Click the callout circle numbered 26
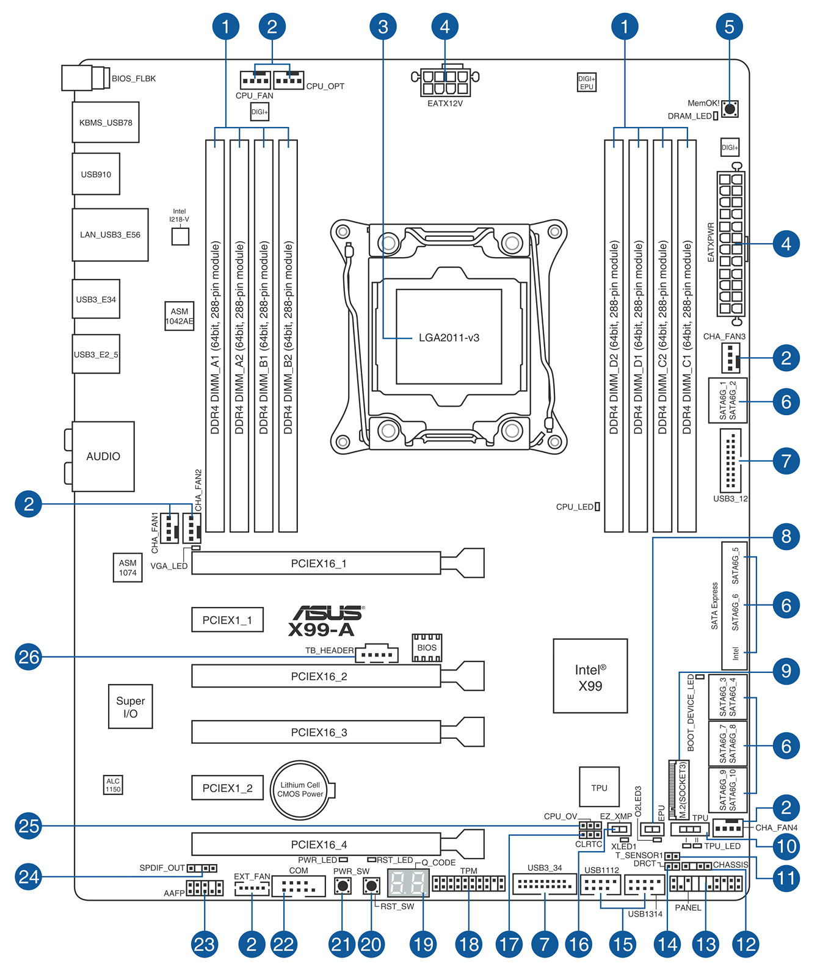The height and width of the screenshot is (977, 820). pos(29,657)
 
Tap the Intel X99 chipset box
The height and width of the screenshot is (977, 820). pos(590,676)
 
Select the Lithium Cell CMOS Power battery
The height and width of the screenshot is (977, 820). pos(300,790)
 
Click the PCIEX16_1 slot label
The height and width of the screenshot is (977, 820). pos(319,564)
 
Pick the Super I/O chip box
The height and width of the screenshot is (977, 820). pos(130,706)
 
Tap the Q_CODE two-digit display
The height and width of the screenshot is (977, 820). pos(408,883)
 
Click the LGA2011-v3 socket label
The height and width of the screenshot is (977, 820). pos(449,338)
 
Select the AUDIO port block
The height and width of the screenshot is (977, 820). pos(103,456)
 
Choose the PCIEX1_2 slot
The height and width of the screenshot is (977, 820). pos(227,788)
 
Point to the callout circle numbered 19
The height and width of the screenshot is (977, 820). pos(423,944)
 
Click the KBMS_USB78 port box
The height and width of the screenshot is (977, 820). pos(106,122)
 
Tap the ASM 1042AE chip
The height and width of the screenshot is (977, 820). pos(180,316)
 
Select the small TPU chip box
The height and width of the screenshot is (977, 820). pos(599,788)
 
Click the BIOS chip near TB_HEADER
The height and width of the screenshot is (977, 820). pos(427,648)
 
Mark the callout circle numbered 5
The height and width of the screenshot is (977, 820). pos(729,26)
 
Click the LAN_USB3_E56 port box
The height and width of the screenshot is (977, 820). pos(110,234)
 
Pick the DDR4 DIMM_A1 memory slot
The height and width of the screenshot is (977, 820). pos(215,336)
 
